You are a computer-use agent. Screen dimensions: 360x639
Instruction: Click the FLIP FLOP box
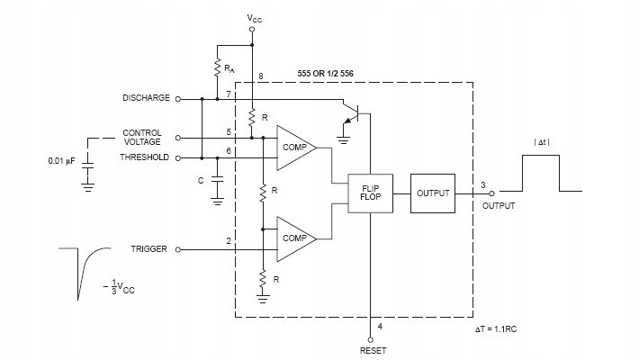(x=370, y=191)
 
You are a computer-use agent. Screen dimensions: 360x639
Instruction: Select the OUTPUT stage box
(x=434, y=192)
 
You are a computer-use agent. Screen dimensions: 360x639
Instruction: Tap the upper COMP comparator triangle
(x=295, y=148)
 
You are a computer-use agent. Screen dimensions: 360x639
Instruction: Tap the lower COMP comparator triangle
(x=295, y=239)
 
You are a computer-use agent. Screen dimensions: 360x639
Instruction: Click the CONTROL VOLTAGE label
(x=142, y=138)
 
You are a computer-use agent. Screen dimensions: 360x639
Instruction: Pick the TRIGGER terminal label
(x=148, y=248)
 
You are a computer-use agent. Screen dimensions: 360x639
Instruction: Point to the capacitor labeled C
(x=217, y=179)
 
